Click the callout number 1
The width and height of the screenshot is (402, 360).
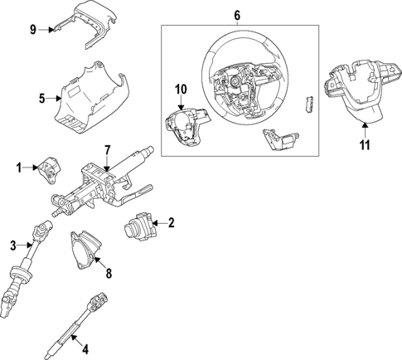coord(18,168)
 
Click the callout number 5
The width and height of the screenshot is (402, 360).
coord(41,99)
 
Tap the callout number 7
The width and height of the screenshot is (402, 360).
coord(107,149)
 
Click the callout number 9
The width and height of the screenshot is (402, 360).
coord(33,30)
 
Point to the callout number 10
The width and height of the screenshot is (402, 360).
coord(182,87)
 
